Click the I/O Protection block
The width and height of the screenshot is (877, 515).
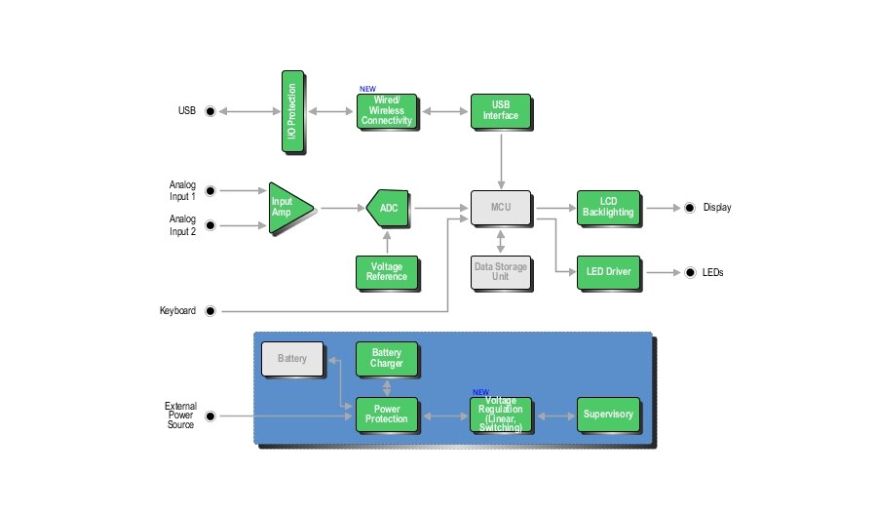[x=293, y=111]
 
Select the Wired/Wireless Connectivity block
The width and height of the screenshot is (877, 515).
[x=387, y=112]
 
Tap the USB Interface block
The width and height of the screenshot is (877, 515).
[x=500, y=111]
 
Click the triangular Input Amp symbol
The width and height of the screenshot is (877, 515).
[x=287, y=207]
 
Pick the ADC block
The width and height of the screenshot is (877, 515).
[x=389, y=207]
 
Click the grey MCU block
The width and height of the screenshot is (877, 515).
[x=501, y=207]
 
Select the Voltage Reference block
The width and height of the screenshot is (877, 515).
[x=387, y=271]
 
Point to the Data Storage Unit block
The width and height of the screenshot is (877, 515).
[x=501, y=271]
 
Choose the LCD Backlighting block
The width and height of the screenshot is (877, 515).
[x=607, y=207]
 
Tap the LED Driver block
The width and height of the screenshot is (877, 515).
[x=607, y=271]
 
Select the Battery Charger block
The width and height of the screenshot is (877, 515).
[x=387, y=359]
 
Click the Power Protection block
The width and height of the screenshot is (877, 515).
[x=387, y=415]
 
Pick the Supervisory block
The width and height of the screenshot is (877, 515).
[x=607, y=415]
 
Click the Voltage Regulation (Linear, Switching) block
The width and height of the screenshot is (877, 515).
[x=501, y=415]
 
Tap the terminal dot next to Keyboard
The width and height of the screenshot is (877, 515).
[x=210, y=311]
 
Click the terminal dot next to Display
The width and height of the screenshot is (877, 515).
[x=689, y=208]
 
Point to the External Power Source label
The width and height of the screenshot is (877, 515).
[x=180, y=416]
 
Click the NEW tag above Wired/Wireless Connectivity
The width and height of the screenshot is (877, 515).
[x=367, y=89]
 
